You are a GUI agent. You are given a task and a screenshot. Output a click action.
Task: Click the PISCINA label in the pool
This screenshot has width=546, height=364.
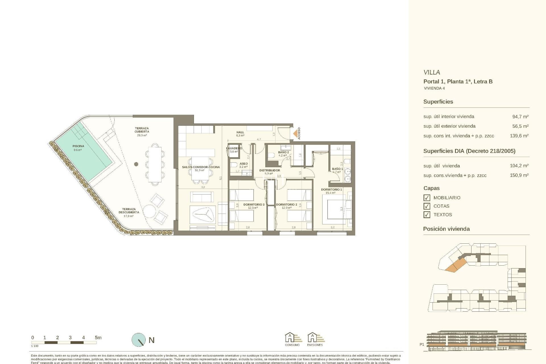pos(78,146)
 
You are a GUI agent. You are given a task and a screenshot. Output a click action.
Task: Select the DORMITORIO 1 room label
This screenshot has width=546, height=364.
pos(331,189)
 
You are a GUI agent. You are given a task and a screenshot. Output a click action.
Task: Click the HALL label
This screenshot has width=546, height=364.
pos(240,133)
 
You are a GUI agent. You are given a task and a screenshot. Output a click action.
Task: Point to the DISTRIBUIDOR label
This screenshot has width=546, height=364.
pos(270,171)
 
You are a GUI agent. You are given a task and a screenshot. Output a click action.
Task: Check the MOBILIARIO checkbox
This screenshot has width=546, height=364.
pos(427,198)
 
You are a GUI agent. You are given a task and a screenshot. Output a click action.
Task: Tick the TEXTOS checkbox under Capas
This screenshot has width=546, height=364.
pos(427,215)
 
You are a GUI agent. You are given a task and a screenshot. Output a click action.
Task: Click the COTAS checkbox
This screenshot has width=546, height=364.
pos(427,206)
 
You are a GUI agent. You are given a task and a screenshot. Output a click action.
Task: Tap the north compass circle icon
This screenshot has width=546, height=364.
pos(138,340)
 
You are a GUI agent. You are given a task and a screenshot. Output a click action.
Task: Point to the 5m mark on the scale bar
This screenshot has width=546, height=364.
pos(98,338)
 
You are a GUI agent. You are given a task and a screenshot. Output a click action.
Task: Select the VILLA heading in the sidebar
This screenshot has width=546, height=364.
pos(431,73)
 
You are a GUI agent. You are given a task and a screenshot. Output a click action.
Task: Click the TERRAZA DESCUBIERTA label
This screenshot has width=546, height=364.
pos(129,211)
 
